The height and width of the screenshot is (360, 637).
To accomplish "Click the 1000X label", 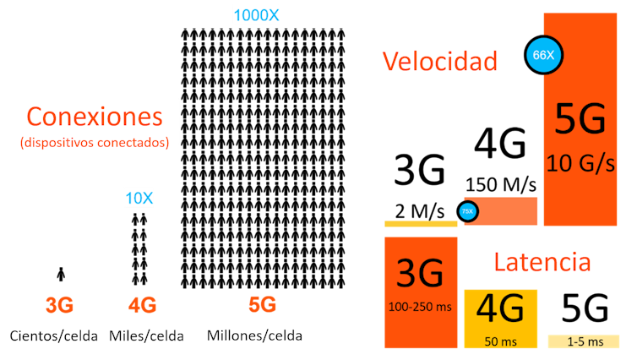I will (255, 15).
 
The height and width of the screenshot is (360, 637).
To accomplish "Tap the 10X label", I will (139, 199).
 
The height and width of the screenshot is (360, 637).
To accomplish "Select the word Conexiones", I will (94, 116).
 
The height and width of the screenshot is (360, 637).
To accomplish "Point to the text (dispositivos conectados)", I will (95, 142).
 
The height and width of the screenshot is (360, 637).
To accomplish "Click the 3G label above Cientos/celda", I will (59, 305).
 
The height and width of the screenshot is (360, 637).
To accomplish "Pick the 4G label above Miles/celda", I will (142, 305).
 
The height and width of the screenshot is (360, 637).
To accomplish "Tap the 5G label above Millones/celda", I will (262, 304).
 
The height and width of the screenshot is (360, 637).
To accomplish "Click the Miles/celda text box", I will (146, 335).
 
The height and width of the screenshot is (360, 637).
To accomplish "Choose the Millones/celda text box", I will (254, 335).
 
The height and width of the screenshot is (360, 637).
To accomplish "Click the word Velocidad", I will (438, 61).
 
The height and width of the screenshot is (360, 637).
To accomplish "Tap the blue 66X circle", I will (542, 55).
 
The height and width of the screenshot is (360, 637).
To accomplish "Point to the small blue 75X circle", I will (467, 211).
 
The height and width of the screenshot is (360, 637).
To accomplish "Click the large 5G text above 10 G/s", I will (580, 120).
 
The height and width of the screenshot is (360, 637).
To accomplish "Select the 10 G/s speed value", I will (580, 162).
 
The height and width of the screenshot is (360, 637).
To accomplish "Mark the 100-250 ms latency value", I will (421, 307).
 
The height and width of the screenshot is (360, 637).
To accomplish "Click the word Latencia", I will (542, 261).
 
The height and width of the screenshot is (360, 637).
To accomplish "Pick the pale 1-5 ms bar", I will (585, 341).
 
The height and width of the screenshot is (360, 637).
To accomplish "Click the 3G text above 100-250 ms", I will (421, 273).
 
